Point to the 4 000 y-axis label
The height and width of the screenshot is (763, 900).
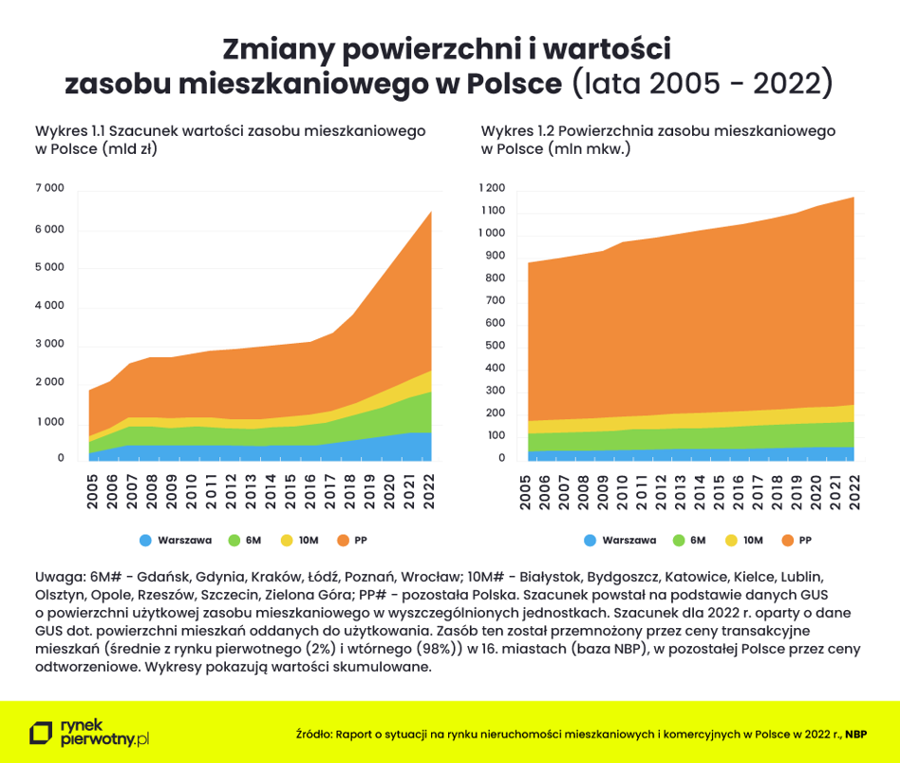point(49,306)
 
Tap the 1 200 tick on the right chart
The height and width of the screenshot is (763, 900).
point(493,188)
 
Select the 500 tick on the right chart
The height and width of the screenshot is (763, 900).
point(496,347)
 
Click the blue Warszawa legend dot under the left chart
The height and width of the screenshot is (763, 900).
point(145,541)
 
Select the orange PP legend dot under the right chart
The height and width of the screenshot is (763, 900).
point(783,541)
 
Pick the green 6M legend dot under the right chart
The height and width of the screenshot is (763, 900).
point(679,541)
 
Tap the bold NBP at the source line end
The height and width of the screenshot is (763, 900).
point(856,734)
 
